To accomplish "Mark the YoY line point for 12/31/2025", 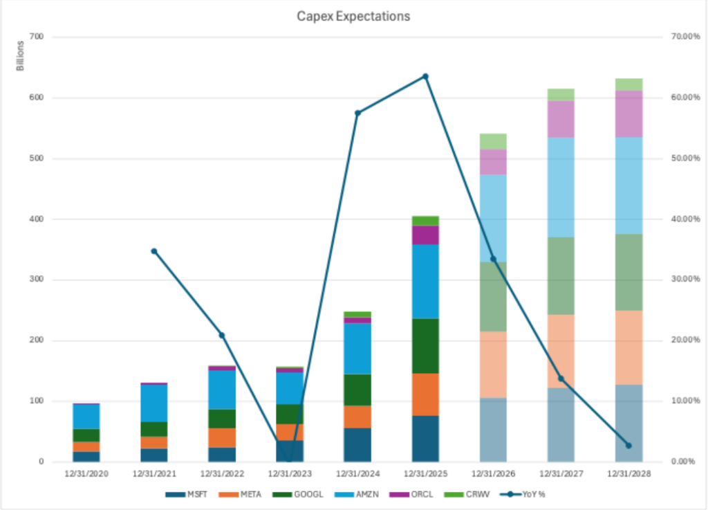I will [425, 76].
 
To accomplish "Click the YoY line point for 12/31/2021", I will [154, 251].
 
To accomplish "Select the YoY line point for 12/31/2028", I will [628, 445].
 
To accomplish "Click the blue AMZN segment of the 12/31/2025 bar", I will [425, 281].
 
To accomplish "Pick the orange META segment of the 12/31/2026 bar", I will [493, 365].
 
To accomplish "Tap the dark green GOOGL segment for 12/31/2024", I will [357, 390].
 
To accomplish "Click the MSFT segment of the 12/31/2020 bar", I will [86, 457].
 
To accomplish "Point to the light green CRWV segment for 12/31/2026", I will [493, 141].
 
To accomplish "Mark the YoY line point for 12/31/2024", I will [357, 113].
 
